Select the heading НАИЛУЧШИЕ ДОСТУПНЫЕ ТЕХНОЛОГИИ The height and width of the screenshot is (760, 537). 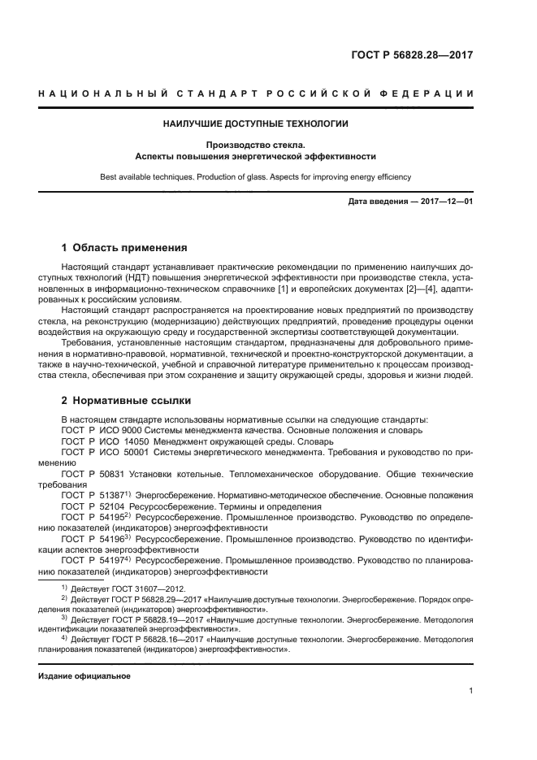(256, 124)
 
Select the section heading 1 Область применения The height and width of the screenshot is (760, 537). (125, 247)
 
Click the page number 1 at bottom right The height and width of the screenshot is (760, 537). (470, 690)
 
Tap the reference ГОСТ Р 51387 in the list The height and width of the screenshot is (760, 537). (92, 495)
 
